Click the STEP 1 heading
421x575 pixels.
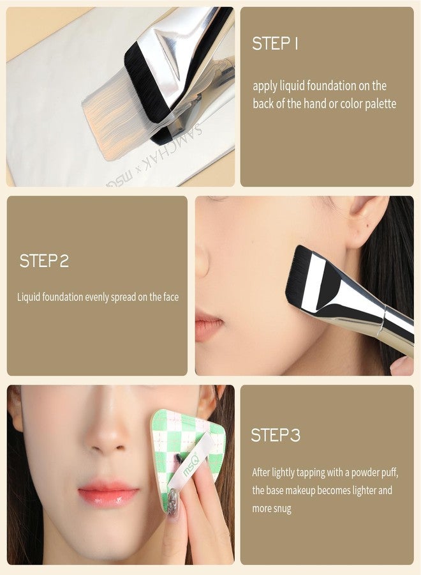click(276, 43)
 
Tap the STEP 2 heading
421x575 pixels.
click(44, 261)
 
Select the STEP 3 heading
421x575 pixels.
click(276, 435)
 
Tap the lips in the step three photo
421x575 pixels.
click(108, 495)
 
